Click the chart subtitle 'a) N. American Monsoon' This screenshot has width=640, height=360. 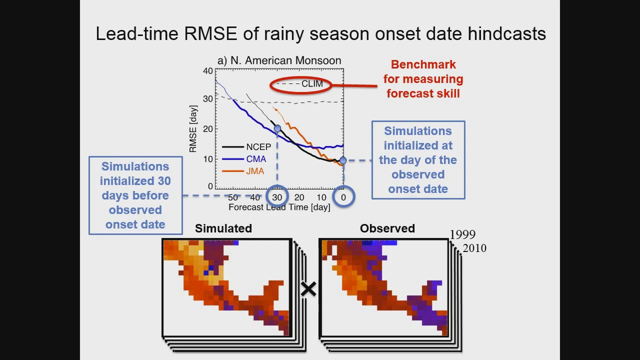click(279, 60)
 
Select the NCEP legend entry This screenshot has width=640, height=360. click(258, 147)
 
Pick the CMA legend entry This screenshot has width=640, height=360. click(255, 159)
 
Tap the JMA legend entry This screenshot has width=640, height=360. click(254, 171)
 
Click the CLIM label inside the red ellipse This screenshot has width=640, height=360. click(312, 84)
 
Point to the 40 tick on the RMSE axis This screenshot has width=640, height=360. click(207, 71)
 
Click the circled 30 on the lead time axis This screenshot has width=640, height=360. click(277, 197)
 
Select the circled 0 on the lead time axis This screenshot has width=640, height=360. click(343, 197)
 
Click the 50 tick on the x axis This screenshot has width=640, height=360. click(232, 197)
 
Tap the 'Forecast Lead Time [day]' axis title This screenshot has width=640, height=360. click(279, 207)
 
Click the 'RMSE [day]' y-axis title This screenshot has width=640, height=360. click(193, 129)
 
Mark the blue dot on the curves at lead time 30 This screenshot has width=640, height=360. click(277, 129)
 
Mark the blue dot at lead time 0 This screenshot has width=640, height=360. click(343, 160)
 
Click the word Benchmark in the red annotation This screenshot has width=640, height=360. click(423, 64)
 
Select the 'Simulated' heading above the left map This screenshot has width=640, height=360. click(223, 228)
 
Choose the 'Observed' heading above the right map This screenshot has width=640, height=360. click(387, 228)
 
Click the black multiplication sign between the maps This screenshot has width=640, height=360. click(308, 289)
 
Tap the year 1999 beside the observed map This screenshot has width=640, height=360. click(462, 234)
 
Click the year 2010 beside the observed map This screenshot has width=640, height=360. click(474, 248)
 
